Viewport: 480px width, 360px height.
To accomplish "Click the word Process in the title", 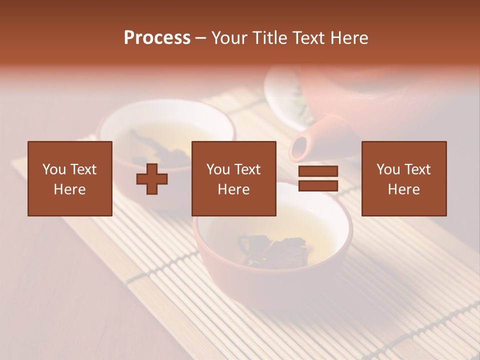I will [157, 38].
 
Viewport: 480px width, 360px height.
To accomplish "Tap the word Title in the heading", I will [270, 38].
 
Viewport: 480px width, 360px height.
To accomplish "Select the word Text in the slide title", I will [310, 38].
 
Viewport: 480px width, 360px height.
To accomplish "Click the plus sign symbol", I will [152, 178].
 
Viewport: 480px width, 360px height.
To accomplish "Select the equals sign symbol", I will [318, 178].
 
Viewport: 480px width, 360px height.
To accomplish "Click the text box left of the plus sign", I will [70, 178].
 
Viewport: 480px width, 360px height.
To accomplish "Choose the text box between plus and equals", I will [234, 178].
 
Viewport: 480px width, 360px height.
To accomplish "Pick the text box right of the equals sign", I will [404, 178].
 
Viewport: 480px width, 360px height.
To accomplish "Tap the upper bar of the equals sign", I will [318, 171].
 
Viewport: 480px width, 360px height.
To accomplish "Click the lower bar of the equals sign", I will [318, 186].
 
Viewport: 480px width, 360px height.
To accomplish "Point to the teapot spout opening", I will [298, 148].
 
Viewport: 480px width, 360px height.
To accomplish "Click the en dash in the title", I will [201, 38].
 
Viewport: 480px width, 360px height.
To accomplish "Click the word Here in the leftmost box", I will [70, 189].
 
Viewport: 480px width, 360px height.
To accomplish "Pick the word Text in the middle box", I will [248, 169].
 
